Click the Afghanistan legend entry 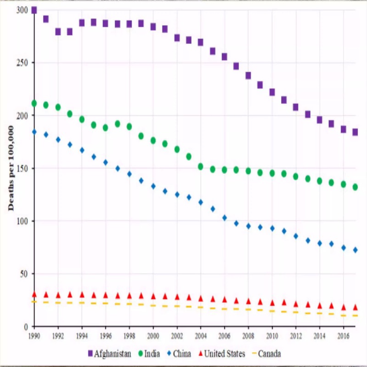[110, 354]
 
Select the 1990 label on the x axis [34, 336]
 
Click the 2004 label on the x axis [200, 336]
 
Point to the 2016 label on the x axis [343, 336]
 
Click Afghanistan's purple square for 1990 [34, 10]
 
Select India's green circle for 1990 [34, 103]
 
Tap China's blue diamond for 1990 [34, 132]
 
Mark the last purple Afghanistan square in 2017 [355, 132]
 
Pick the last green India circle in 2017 [355, 187]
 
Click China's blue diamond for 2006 [224, 218]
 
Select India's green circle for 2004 [200, 167]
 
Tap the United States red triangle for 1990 [34, 294]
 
